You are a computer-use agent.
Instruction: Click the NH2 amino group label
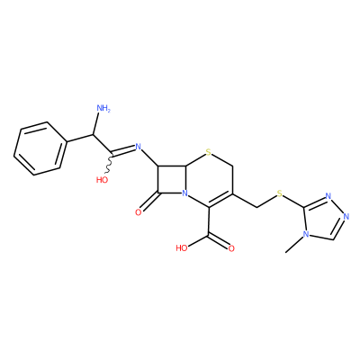click(103, 108)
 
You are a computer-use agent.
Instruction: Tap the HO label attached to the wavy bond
click(102, 180)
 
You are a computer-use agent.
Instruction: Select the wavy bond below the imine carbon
click(110, 164)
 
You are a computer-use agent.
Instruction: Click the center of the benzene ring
click(40, 148)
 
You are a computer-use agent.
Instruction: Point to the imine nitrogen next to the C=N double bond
click(138, 147)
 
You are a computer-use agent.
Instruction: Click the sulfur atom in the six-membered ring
click(209, 154)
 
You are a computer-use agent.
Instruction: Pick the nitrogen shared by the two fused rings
click(185, 194)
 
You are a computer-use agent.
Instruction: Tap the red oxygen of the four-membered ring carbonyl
click(138, 212)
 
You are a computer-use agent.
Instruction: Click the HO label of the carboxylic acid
click(182, 248)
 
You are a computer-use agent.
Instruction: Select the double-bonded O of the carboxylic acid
click(231, 248)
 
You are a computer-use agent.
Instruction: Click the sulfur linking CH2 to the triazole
click(280, 193)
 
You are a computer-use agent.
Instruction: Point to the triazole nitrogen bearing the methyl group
click(305, 234)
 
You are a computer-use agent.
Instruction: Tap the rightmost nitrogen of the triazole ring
click(346, 217)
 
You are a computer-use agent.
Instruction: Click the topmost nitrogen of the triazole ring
click(328, 196)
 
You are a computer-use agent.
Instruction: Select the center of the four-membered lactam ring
click(171, 179)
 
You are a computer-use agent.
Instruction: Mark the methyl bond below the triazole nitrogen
click(294, 245)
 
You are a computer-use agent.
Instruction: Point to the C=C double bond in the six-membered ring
click(221, 200)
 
